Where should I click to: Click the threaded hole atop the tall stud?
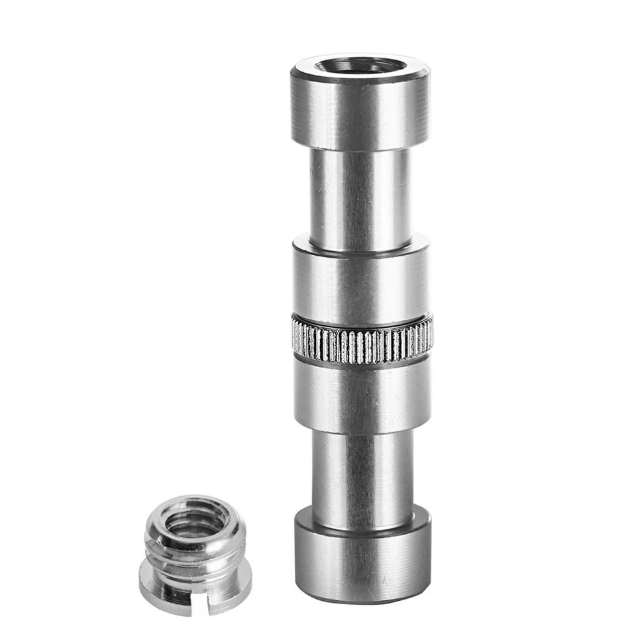(x=358, y=66)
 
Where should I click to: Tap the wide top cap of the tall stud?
(x=360, y=113)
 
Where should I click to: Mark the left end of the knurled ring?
(x=294, y=337)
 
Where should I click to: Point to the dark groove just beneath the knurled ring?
(x=362, y=362)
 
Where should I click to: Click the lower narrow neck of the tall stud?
(x=362, y=474)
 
